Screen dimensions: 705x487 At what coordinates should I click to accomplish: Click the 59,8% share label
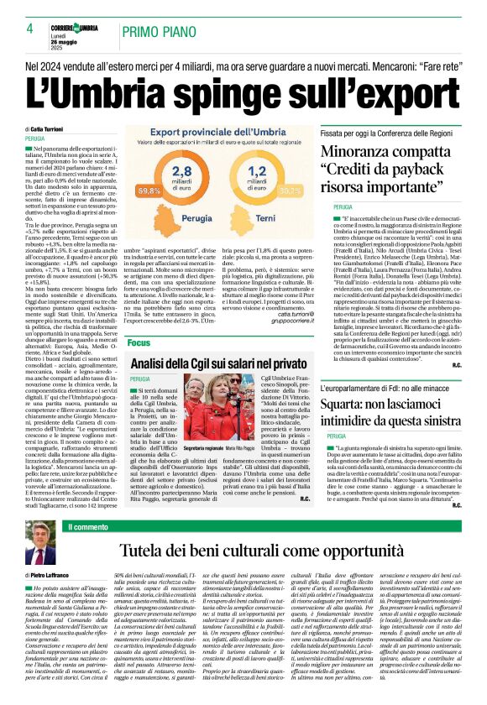pos(149,191)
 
